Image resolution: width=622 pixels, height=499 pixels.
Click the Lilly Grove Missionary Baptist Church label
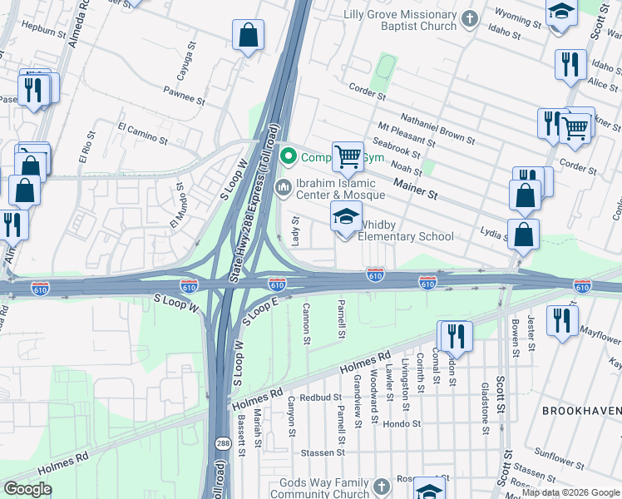tap(404, 20)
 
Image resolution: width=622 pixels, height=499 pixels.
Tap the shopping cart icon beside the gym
tap(348, 156)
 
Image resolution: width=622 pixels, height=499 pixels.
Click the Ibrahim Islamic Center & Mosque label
tap(340, 189)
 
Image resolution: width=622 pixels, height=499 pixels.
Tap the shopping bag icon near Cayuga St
tap(249, 36)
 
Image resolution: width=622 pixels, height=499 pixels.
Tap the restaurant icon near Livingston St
tap(455, 335)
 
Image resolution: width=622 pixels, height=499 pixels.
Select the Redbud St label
tap(321, 398)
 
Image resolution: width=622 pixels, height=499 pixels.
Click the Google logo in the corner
tap(28, 489)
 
